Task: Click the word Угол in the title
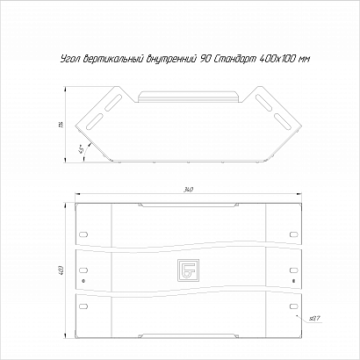pos(70,59)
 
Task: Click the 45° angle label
pos(81,151)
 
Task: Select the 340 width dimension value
pos(189,190)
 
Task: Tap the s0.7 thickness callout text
pos(314,318)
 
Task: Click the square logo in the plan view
pos(188,270)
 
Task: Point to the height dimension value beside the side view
pos(61,125)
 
